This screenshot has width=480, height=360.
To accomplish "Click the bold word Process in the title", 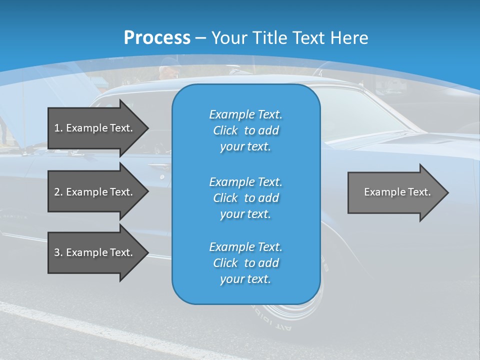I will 157,38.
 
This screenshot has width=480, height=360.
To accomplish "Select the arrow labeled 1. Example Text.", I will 95,128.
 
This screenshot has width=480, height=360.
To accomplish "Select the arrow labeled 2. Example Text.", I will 95,192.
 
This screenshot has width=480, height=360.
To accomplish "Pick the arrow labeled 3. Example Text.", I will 95,252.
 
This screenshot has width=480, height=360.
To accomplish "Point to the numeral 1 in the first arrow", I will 57,128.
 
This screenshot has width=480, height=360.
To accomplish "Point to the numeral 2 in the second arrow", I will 57,192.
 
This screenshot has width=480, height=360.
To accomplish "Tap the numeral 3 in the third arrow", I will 57,252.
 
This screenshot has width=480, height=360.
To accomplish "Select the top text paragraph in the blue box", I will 245,130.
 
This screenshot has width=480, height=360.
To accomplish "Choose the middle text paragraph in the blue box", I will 245,198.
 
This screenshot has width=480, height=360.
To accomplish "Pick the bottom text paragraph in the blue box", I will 245,263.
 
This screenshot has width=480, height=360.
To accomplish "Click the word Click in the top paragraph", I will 225,131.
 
